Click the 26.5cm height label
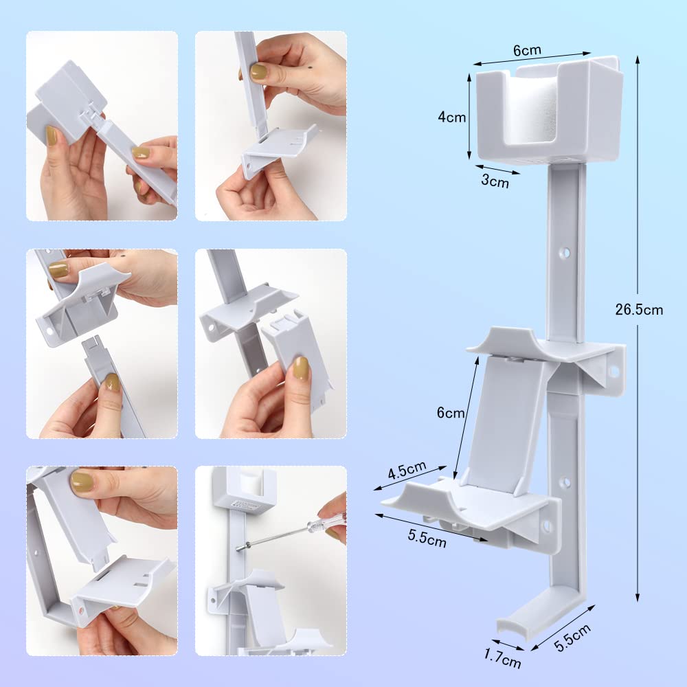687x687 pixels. click(639, 310)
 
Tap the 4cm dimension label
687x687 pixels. click(452, 117)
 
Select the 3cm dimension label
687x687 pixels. click(495, 181)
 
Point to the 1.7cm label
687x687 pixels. click(503, 658)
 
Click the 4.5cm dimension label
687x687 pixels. click(407, 470)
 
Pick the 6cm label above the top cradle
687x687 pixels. click(527, 50)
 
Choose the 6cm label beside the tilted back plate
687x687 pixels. click(451, 412)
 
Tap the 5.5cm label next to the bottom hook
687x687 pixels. click(573, 638)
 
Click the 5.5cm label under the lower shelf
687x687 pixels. click(427, 539)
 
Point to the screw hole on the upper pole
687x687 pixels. click(565, 252)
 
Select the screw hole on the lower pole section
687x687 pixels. click(565, 482)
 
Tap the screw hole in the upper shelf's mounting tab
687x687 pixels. click(613, 372)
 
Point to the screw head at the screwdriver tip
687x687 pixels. click(239, 548)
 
